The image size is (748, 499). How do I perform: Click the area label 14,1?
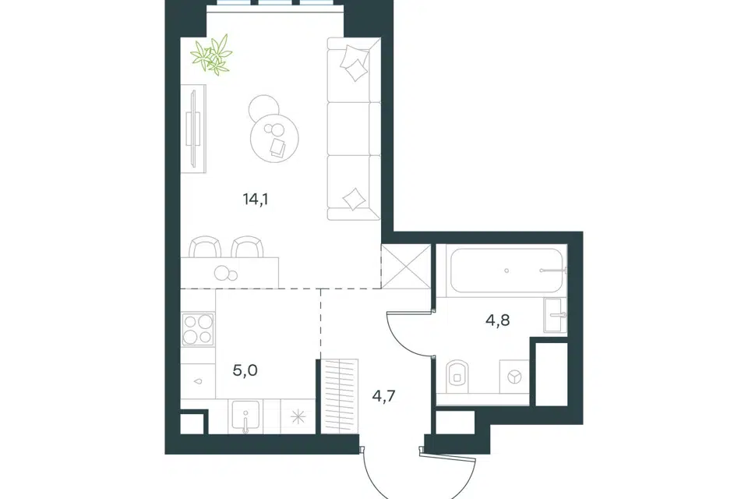pyautogui.click(x=256, y=199)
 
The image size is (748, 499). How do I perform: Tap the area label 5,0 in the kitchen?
pyautogui.click(x=245, y=370)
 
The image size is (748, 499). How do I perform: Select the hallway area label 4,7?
pyautogui.click(x=383, y=396)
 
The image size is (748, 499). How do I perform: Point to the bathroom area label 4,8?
pyautogui.click(x=498, y=320)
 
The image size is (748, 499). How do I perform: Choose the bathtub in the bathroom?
pyautogui.click(x=506, y=271)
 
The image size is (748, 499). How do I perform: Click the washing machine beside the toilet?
pyautogui.click(x=514, y=377)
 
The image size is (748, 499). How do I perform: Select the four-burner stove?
pyautogui.click(x=198, y=330)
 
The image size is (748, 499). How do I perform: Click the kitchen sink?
pyautogui.click(x=245, y=416)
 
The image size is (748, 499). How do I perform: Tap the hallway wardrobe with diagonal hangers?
pyautogui.click(x=339, y=396)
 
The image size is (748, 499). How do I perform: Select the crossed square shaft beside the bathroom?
pyautogui.click(x=405, y=267)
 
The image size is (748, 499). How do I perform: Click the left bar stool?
pyautogui.click(x=205, y=247)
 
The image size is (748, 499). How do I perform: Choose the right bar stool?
pyautogui.click(x=248, y=247)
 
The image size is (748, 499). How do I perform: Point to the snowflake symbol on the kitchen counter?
pyautogui.click(x=298, y=417)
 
